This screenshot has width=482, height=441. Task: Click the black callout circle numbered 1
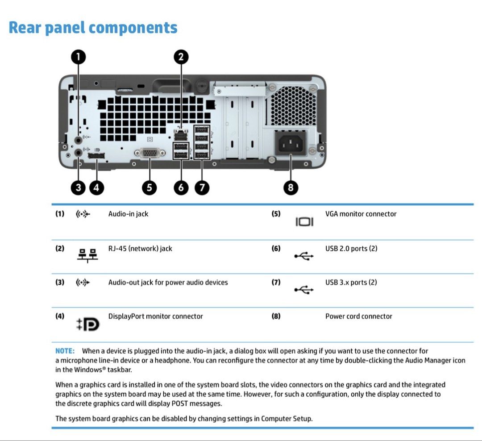[x=79, y=57]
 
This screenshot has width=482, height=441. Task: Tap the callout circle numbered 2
[x=181, y=57]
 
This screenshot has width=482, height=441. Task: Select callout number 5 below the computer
[x=150, y=187]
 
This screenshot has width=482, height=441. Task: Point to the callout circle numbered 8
[x=291, y=187]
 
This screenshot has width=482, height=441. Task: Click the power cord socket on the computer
[x=291, y=143]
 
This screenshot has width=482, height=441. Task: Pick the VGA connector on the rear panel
[x=150, y=153]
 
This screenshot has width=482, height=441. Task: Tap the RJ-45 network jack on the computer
[x=181, y=135]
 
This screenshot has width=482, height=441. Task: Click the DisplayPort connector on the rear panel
[x=96, y=156]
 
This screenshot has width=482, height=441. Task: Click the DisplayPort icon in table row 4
[x=88, y=325]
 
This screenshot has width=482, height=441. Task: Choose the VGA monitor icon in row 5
[x=304, y=222]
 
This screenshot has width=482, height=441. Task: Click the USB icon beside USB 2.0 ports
[x=304, y=256]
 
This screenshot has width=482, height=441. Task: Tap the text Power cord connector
[x=359, y=316]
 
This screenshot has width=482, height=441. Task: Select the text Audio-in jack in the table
[x=128, y=214]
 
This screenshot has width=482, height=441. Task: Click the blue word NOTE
[x=65, y=351]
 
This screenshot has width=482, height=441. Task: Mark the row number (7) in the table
[x=276, y=282]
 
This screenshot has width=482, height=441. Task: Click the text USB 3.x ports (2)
[x=351, y=282]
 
